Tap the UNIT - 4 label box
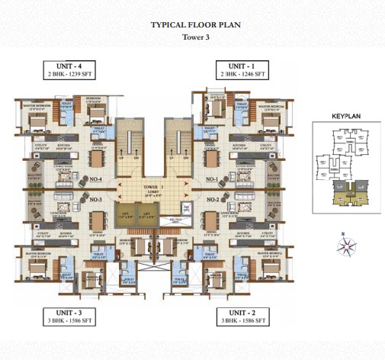click(x=71, y=69)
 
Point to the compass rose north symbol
click(x=348, y=246)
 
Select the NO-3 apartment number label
click(x=97, y=199)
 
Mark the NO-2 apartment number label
click(x=213, y=199)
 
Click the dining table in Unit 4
click(x=97, y=156)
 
